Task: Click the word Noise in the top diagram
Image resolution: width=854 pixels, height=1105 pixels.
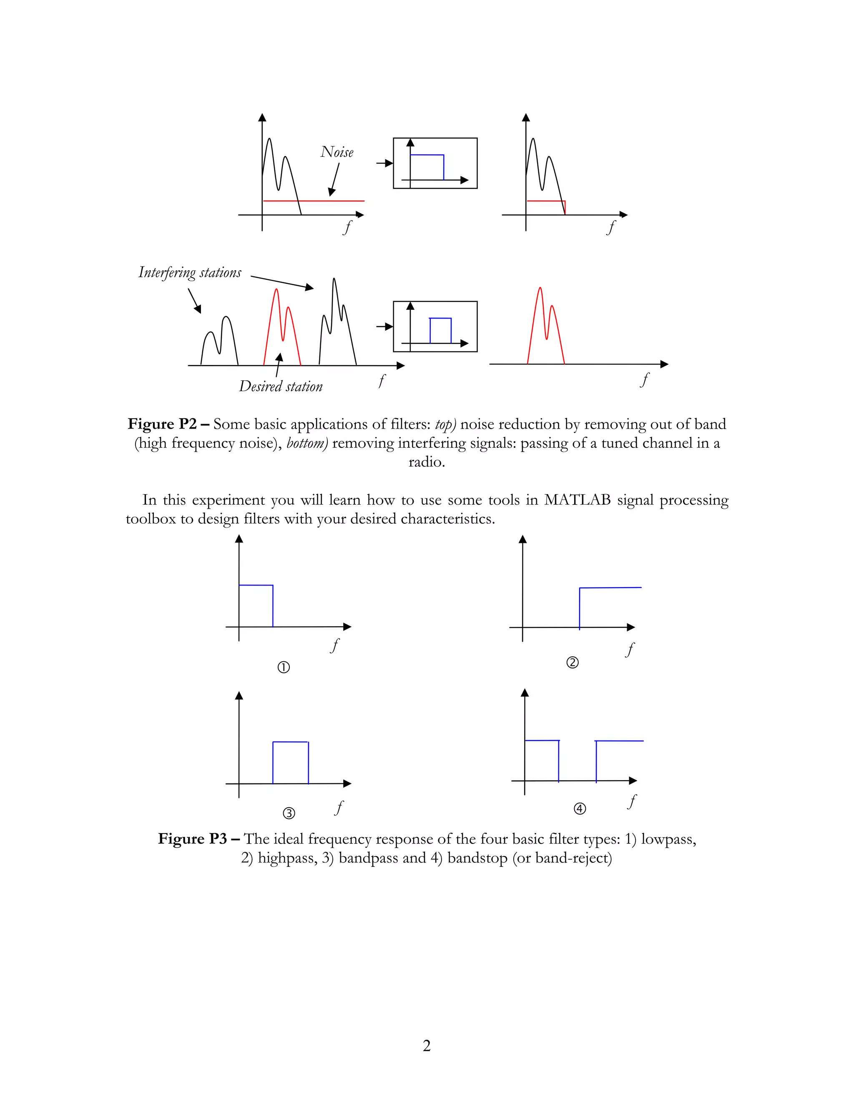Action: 337,152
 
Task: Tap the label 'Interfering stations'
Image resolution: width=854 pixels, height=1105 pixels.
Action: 190,272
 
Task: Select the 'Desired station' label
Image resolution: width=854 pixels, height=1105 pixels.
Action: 281,387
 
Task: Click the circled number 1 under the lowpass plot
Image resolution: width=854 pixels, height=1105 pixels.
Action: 284,667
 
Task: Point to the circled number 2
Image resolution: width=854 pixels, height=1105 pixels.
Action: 572,662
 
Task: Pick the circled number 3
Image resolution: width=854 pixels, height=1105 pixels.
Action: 289,813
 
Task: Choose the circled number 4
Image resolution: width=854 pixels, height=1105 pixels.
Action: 580,809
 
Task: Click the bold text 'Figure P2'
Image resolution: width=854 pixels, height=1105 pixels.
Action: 162,424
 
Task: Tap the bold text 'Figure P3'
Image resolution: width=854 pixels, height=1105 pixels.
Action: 192,839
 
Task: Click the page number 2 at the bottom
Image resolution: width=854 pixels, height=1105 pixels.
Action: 427,1046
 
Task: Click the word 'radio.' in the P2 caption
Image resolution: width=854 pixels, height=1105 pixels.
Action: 427,462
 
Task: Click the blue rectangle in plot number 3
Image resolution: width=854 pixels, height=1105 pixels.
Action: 290,742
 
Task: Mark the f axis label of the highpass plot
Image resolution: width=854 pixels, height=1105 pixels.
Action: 630,649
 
